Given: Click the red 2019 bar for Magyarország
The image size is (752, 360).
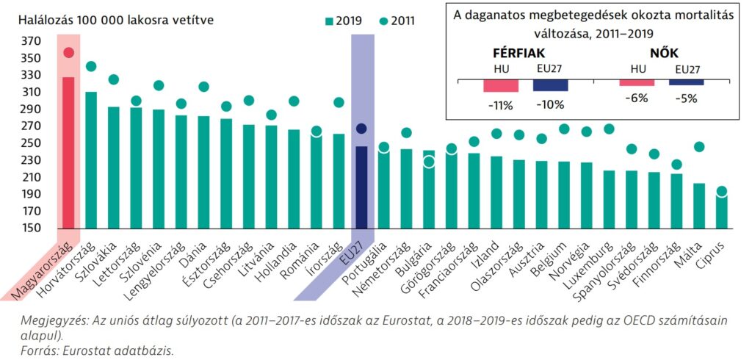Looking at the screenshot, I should (68, 154).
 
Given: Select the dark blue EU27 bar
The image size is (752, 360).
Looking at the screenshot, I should (362, 188).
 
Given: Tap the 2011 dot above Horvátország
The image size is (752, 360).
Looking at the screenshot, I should (91, 67).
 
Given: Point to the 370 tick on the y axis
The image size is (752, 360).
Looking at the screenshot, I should (32, 40).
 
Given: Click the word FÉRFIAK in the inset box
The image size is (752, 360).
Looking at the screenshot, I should (519, 53).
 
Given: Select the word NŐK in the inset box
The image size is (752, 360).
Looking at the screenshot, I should (665, 53).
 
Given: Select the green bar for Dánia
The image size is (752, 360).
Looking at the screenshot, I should (203, 173).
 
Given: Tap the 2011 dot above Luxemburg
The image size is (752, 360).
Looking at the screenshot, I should (609, 129).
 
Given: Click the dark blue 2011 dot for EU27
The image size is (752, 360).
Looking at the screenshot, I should (361, 129).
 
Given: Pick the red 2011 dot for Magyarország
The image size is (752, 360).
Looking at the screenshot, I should (68, 52).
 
